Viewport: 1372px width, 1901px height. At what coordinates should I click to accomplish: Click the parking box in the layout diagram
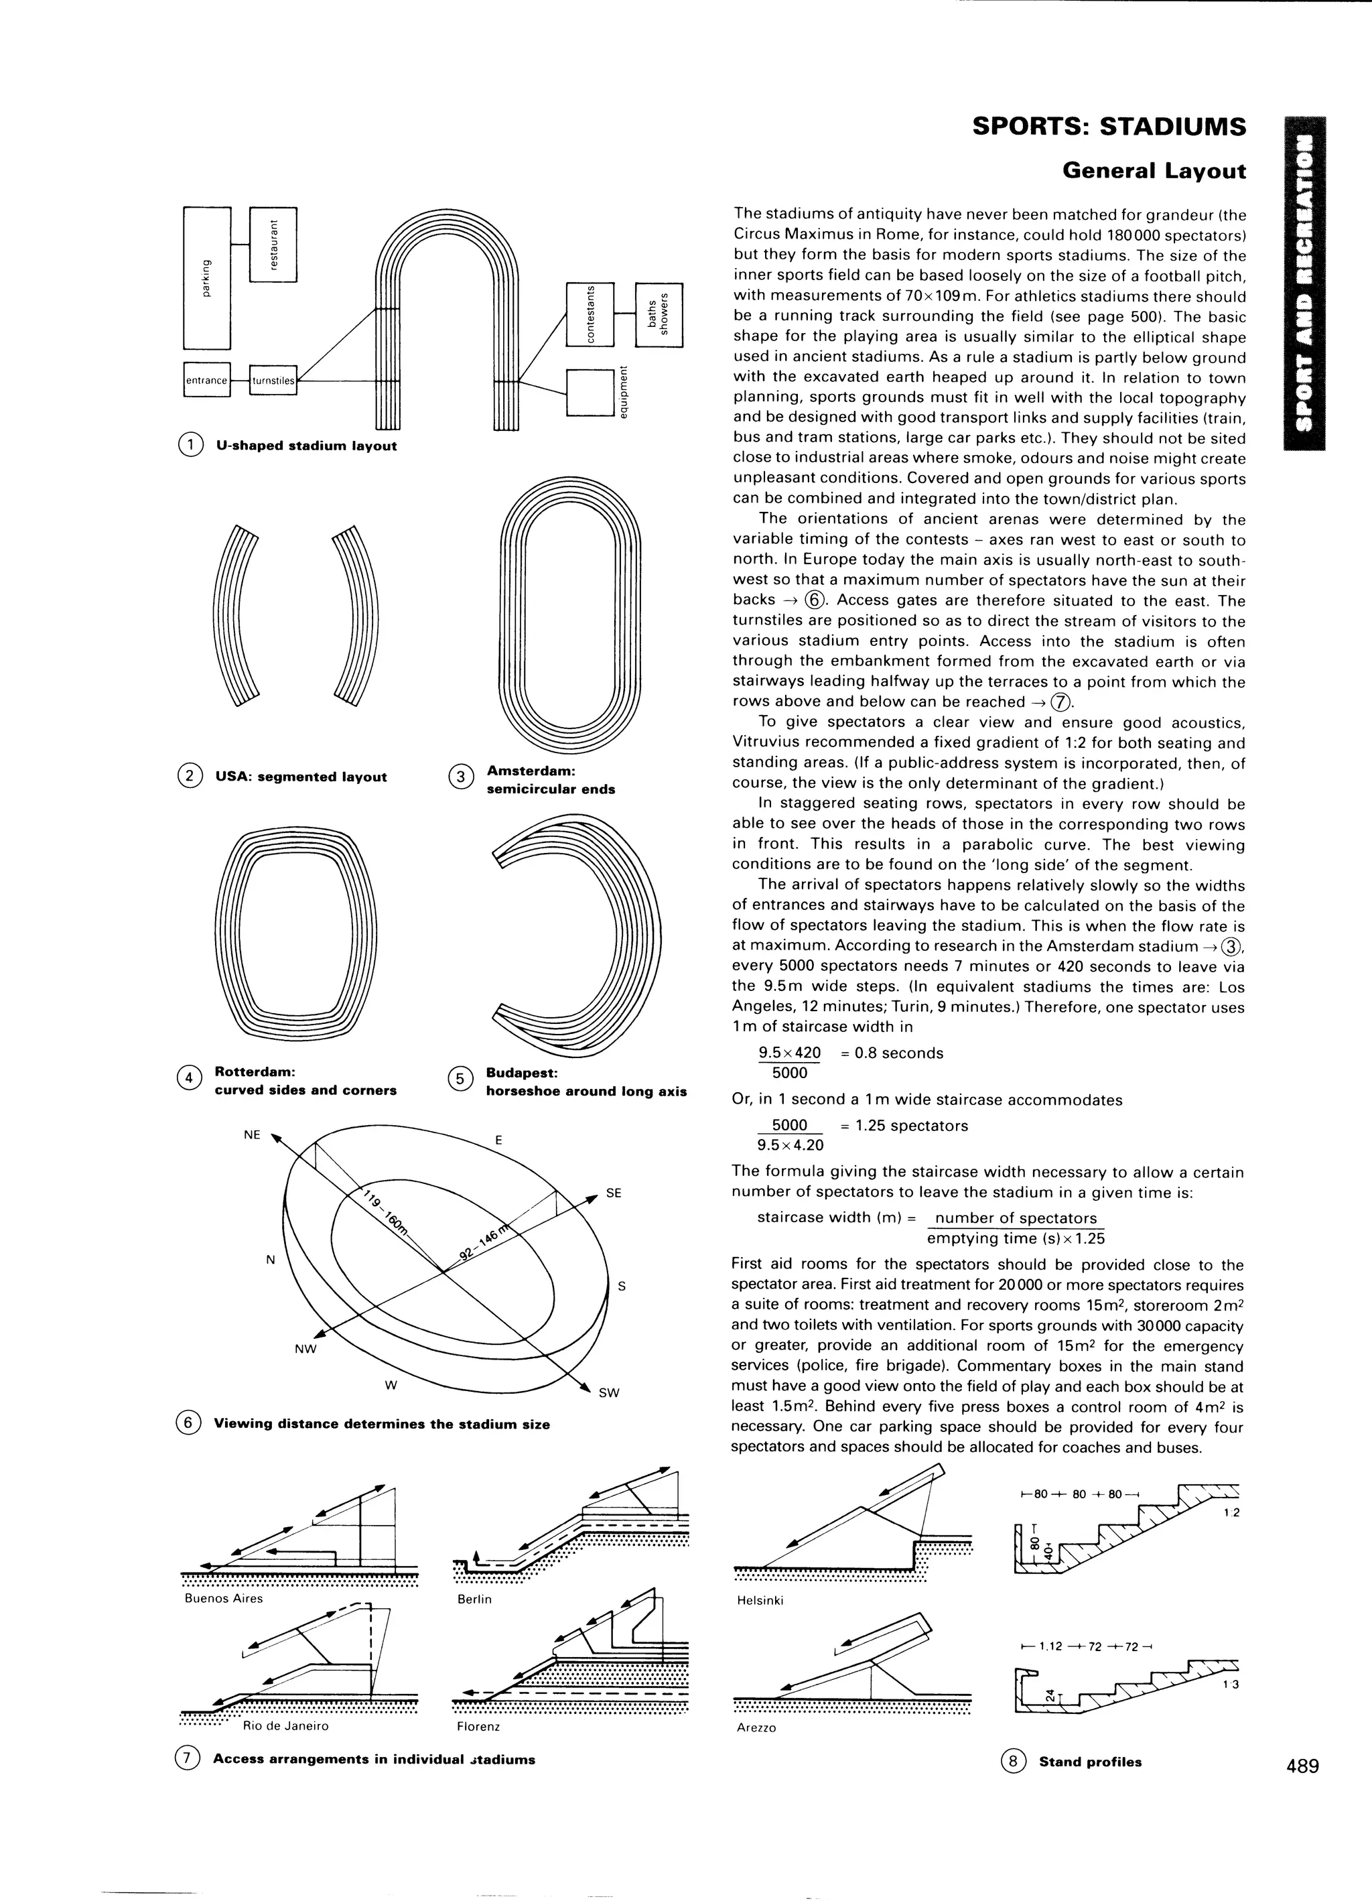(x=206, y=277)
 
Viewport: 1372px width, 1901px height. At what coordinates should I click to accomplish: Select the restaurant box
(x=273, y=244)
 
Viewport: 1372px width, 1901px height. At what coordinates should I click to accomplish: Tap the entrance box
(x=206, y=380)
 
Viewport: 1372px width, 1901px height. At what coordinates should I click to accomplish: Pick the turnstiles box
(x=273, y=380)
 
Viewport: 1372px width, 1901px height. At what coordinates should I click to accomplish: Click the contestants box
(x=590, y=314)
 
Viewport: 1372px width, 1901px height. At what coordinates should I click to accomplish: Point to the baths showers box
(x=660, y=314)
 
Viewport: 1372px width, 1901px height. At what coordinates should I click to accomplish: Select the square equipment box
(x=590, y=392)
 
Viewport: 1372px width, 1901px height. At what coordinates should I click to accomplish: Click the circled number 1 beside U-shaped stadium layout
(x=191, y=445)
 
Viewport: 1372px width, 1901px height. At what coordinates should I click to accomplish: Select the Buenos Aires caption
(x=223, y=1598)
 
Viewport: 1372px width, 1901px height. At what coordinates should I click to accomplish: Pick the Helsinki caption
(x=759, y=1600)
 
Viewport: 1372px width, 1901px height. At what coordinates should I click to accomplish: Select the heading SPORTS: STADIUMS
(x=1108, y=127)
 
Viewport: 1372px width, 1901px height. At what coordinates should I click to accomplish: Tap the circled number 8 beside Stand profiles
(x=1012, y=1761)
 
